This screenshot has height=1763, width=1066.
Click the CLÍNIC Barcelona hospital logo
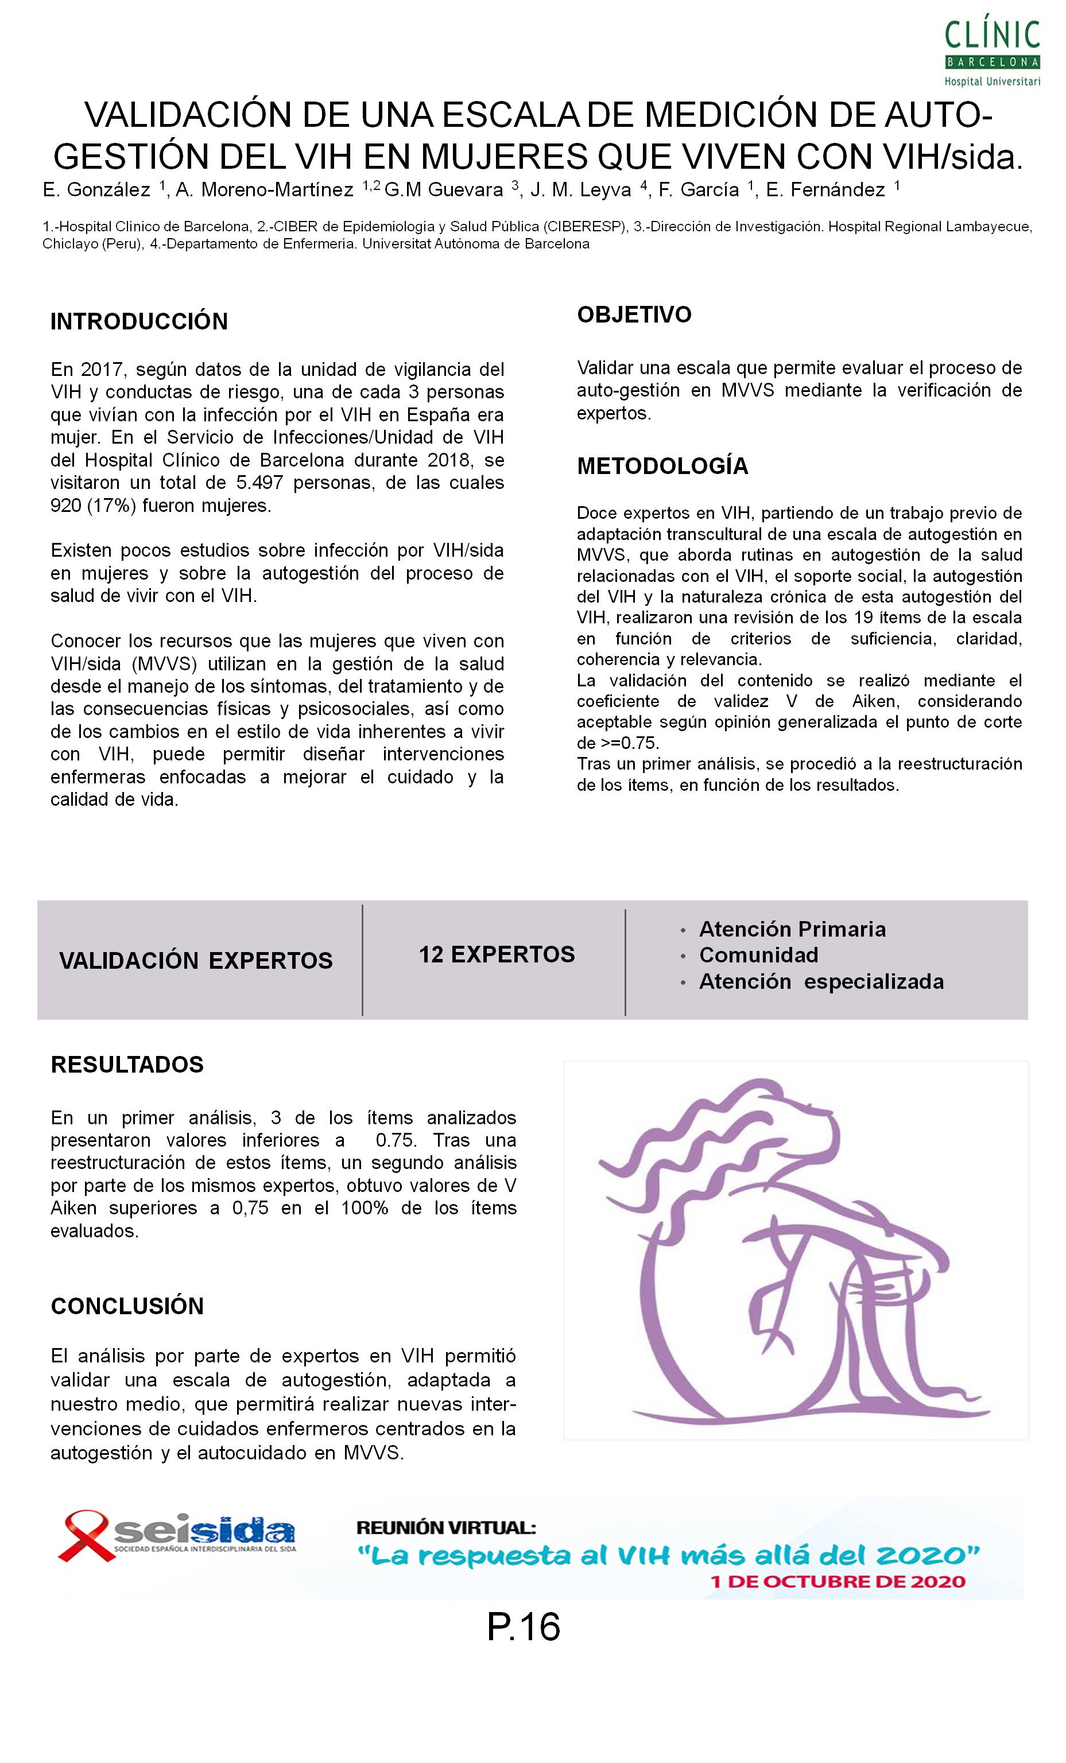pyautogui.click(x=991, y=52)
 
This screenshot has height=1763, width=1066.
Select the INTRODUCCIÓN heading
pyautogui.click(x=139, y=321)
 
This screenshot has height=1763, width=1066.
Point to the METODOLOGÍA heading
pyautogui.click(x=662, y=466)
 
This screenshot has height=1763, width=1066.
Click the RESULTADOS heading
pyautogui.click(x=127, y=1064)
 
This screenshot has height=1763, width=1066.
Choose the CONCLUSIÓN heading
pyautogui.click(x=127, y=1305)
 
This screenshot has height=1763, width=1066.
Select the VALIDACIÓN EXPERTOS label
pyautogui.click(x=195, y=960)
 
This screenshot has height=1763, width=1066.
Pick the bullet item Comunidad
pyautogui.click(x=758, y=954)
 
